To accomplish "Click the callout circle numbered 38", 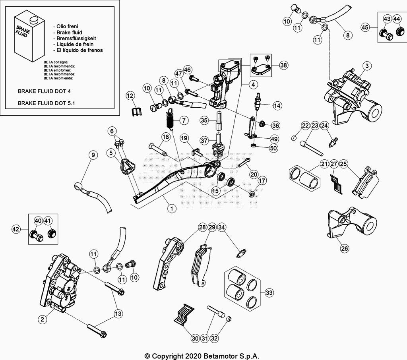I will (x=283, y=66).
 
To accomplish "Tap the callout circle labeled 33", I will (x=269, y=293).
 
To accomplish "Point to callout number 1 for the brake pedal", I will (x=171, y=208).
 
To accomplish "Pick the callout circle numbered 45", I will (x=365, y=27).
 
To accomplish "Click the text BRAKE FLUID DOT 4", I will (x=44, y=91).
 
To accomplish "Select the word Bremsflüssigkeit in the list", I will (x=76, y=38).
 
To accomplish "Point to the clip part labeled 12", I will (x=136, y=111).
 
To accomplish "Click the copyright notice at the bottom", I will (x=203, y=356).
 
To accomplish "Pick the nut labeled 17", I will (x=251, y=194).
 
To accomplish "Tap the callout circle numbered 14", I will (x=277, y=106).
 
